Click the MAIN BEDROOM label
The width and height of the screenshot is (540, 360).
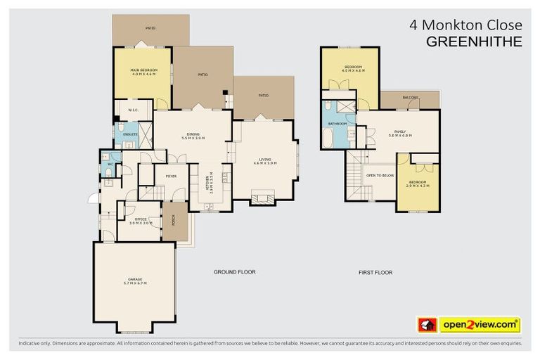pos(143,70)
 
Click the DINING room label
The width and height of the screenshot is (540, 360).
pos(193,134)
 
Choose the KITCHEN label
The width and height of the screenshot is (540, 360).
pos(209,183)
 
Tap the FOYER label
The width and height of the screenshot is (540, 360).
pos(171,176)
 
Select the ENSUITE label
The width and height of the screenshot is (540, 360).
pos(131,132)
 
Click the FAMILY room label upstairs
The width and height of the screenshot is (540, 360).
pos(399,131)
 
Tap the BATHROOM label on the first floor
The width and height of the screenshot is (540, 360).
pos(337,124)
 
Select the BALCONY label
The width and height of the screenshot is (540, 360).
pos(410,98)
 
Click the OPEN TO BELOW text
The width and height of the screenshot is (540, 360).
pos(380,175)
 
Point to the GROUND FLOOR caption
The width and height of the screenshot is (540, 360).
pos(234,272)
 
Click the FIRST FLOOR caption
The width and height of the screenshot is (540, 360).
pos(375,272)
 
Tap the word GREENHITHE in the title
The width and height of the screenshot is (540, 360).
pos(475,41)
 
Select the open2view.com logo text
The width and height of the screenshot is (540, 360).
pos(480,325)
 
